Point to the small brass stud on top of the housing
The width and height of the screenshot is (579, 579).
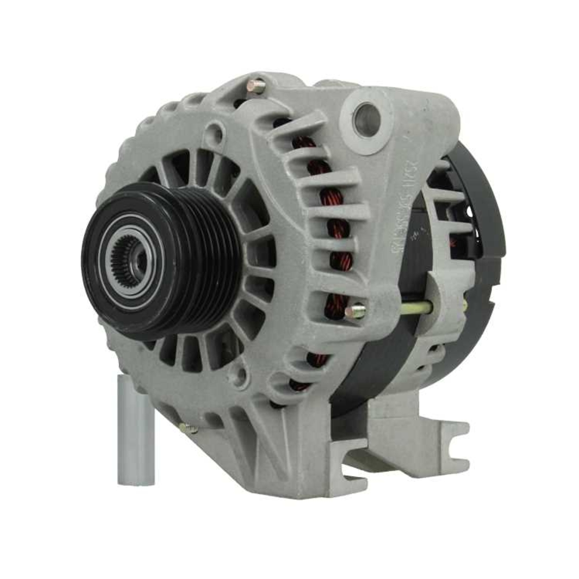click(256, 86)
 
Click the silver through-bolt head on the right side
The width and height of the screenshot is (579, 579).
click(356, 312)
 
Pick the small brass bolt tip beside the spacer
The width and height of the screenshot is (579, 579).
click(188, 429)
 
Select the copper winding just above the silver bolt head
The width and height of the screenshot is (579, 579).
click(336, 301)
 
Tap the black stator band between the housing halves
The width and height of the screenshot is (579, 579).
click(400, 347)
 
